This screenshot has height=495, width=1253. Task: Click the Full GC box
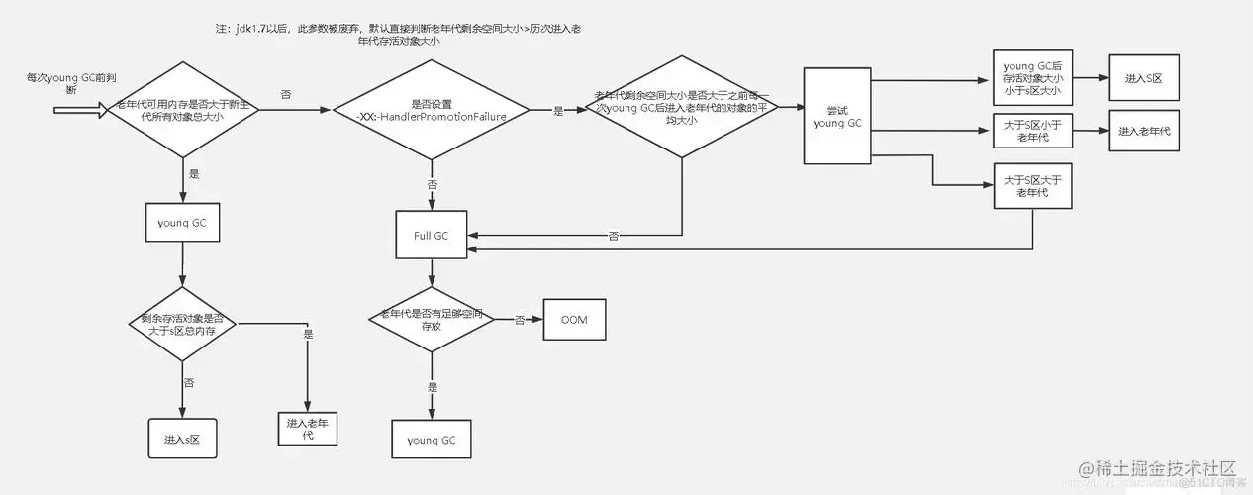click(431, 236)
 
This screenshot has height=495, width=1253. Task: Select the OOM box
click(573, 321)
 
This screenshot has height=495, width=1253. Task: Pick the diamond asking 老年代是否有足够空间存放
click(431, 321)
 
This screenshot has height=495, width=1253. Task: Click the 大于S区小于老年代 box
click(1032, 132)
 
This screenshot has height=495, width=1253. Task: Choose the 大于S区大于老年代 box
click(1032, 185)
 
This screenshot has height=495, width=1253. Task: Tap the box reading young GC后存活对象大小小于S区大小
click(1032, 76)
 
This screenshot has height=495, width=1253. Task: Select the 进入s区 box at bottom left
click(182, 438)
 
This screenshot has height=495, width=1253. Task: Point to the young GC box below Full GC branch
click(431, 439)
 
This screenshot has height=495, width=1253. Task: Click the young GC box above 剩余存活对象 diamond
click(182, 223)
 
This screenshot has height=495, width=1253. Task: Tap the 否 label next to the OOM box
click(519, 321)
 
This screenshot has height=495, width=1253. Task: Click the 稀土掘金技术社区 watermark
click(1158, 467)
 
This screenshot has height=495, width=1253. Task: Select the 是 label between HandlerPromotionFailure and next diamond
click(557, 112)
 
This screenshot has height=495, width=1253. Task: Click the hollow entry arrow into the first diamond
click(78, 112)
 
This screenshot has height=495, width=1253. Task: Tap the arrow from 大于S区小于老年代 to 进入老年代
click(1090, 132)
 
